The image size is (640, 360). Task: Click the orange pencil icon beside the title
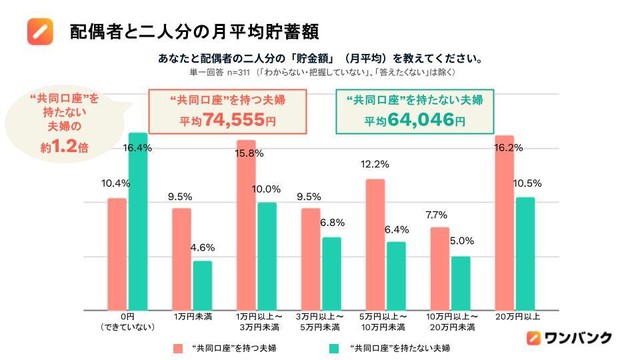37,29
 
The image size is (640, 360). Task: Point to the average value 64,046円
421,120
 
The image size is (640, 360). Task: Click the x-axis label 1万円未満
191,315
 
